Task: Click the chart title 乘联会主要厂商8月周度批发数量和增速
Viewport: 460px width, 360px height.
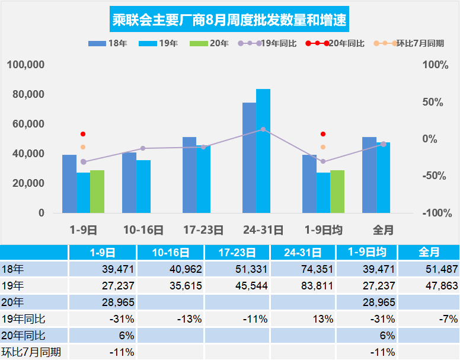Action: click(229, 21)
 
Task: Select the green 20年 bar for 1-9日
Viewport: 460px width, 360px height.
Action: click(97, 191)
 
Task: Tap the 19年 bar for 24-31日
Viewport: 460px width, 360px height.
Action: click(263, 151)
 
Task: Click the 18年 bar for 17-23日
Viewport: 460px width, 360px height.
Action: click(189, 174)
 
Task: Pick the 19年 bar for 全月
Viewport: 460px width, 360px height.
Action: click(383, 177)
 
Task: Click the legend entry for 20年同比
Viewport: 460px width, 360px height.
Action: click(336, 44)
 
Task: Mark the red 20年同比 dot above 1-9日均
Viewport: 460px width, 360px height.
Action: click(323, 134)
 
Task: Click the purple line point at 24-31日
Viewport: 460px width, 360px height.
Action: click(263, 129)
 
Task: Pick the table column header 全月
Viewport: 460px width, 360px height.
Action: click(429, 252)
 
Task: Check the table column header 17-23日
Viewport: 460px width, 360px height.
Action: click(237, 252)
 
